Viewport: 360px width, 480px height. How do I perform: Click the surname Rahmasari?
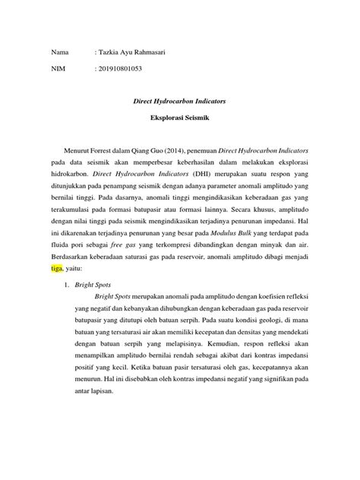tap(153, 52)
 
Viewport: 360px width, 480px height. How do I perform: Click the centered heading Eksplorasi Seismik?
tap(180, 119)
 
